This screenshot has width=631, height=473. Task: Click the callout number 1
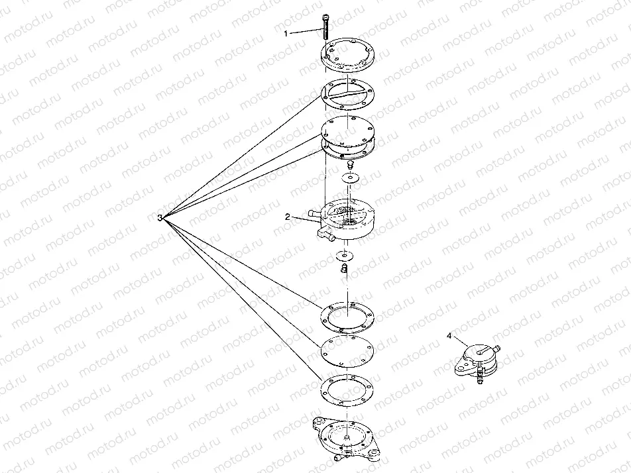(x=286, y=34)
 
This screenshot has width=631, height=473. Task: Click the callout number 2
(x=288, y=217)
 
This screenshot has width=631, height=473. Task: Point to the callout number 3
(x=160, y=218)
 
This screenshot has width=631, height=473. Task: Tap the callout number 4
(x=449, y=335)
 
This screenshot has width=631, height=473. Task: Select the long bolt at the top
(x=325, y=26)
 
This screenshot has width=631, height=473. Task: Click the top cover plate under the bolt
(x=349, y=56)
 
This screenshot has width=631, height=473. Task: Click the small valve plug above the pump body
(x=350, y=165)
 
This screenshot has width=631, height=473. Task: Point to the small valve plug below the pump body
(x=344, y=268)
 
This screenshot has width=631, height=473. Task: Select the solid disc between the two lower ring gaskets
(x=348, y=352)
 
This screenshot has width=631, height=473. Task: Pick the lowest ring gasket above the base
(x=348, y=390)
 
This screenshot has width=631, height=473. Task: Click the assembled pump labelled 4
(x=477, y=362)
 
